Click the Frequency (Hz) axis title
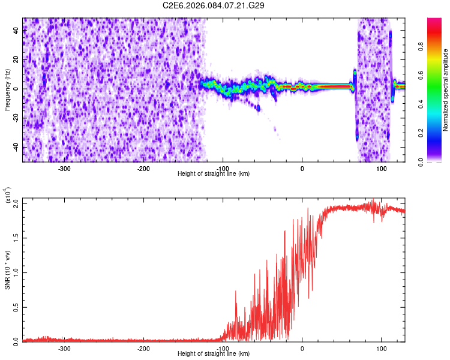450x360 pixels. click(7, 89)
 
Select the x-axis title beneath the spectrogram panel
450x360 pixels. click(214, 174)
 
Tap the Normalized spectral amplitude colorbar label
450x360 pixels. click(445, 89)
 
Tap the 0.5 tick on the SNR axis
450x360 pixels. click(16, 307)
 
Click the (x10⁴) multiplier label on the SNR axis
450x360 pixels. click(8, 196)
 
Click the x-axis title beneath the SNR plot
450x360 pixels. click(214, 354)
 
